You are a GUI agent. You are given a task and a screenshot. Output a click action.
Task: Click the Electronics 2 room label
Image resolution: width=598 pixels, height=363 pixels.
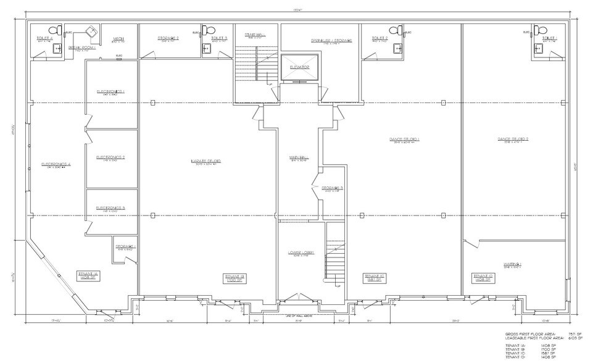pyautogui.click(x=110, y=157)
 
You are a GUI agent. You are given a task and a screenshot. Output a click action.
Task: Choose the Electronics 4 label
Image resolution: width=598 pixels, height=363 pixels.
pyautogui.click(x=57, y=164)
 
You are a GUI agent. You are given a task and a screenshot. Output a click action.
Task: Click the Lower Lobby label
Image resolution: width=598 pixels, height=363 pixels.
pyautogui.click(x=299, y=252)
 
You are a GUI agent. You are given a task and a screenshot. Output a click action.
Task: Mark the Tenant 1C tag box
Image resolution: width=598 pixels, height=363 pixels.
pyautogui.click(x=375, y=277)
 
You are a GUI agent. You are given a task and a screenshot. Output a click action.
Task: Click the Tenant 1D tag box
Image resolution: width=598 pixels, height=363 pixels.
pyautogui.click(x=483, y=277)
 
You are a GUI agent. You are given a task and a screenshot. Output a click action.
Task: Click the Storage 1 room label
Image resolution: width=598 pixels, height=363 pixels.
pyautogui.click(x=125, y=247)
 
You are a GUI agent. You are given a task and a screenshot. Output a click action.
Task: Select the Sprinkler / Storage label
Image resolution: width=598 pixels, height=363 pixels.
pyautogui.click(x=331, y=40)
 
